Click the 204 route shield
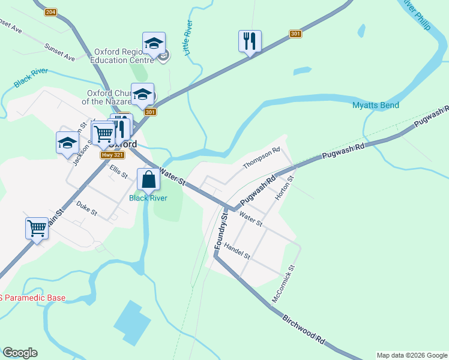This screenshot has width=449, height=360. coord(50,12)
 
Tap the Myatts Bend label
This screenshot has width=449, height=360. coord(375,106)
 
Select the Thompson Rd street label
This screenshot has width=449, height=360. coord(262,158)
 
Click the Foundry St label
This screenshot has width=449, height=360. coord(220,229)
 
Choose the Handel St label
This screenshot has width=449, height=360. coord(237,250)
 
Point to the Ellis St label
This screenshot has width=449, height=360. coord(119,172)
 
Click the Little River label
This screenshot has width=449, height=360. coord(189,38)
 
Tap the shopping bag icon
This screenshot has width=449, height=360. coord(148,179)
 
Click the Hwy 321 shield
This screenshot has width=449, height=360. coord(112,155)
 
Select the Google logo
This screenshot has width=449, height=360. coord(20,353)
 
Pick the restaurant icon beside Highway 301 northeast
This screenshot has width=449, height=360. coord(250,41)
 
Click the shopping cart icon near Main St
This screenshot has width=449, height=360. coord(37,228)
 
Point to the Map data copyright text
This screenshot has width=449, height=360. coord(412,355)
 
